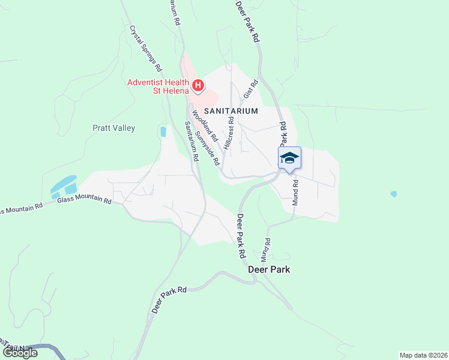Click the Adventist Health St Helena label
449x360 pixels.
[x=157, y=87]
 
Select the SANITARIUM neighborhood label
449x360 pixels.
[x=231, y=111]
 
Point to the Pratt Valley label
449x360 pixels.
[x=113, y=128]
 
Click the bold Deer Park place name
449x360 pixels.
[x=269, y=269]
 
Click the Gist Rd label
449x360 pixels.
[x=250, y=90]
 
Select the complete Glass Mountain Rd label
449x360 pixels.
[x=85, y=200]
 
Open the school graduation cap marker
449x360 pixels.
[x=289, y=158]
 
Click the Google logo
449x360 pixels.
[x=19, y=353]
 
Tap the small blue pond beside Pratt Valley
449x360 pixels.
[x=163, y=131]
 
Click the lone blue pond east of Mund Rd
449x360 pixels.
[x=393, y=194]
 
